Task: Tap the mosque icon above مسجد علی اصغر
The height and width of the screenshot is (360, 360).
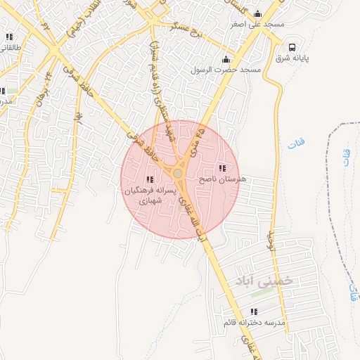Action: pos(257,13)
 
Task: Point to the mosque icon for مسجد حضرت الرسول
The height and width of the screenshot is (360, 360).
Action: pos(226,59)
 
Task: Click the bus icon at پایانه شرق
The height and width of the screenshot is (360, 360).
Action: pos(291,47)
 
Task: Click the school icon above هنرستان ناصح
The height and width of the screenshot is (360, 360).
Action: pos(223,168)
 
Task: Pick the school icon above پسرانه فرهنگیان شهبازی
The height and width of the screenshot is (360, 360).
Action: pos(149,179)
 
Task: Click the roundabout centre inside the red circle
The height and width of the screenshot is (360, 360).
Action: pos(179,173)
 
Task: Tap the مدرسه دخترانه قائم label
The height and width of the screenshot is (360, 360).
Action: pos(254,322)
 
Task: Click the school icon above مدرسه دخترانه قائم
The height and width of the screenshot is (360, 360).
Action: pos(254,311)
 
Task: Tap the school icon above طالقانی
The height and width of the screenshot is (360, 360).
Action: pos(8,37)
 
